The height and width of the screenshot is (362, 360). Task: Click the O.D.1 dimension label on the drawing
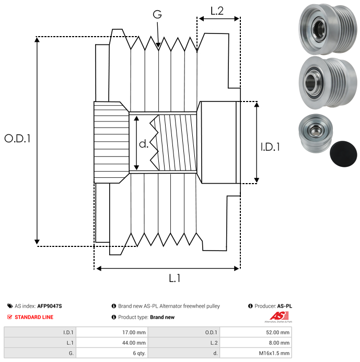click(x=17, y=139)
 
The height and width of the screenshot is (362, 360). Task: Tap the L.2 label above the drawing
click(x=217, y=11)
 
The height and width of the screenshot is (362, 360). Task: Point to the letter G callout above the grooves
click(x=157, y=14)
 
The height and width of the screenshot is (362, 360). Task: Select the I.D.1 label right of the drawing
click(x=270, y=147)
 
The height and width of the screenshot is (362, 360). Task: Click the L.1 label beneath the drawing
click(x=175, y=278)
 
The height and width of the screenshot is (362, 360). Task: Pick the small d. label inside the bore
click(x=144, y=144)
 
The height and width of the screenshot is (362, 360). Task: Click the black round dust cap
click(x=343, y=153)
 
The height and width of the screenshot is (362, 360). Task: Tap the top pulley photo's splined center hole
click(x=319, y=29)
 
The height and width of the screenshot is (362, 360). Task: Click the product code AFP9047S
click(x=50, y=306)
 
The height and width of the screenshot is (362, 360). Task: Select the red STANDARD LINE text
click(x=34, y=317)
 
